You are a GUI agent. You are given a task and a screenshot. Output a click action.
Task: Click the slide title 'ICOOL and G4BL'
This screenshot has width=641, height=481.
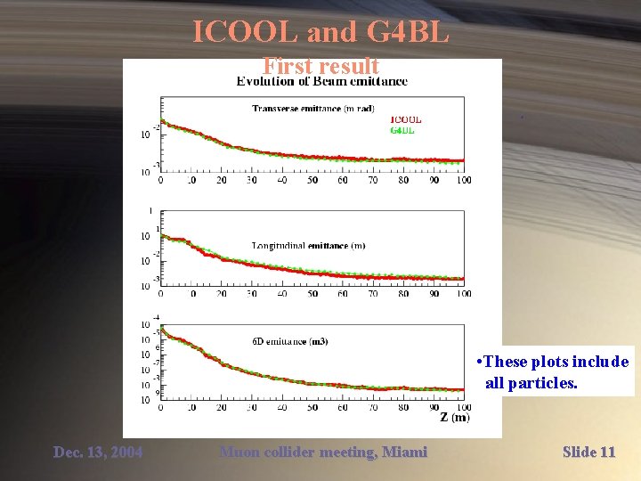coord(320,34)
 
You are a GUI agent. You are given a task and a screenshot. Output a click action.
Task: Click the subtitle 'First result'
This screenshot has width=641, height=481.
coord(320,66)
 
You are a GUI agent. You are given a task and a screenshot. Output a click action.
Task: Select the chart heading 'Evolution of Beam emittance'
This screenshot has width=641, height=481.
coord(321,81)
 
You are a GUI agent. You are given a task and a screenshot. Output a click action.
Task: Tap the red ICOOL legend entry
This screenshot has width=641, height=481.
coord(406,119)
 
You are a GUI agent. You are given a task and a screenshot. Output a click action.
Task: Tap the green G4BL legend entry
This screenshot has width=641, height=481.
coord(402,130)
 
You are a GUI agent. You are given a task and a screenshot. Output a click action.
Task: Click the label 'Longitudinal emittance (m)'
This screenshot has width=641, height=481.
coord(308,245)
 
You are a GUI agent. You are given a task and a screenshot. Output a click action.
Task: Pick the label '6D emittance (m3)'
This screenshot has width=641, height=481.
coord(290,341)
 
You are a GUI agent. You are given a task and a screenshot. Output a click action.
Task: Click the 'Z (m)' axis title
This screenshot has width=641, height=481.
coord(454,417)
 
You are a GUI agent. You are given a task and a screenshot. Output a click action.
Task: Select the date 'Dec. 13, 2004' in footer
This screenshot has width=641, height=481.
coord(98,452)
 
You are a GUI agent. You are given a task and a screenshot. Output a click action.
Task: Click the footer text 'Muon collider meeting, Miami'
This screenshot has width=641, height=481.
coord(323,452)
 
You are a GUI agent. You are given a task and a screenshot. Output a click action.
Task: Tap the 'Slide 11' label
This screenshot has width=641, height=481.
coord(588,452)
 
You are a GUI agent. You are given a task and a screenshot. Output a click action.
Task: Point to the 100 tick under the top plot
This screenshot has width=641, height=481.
coord(462,180)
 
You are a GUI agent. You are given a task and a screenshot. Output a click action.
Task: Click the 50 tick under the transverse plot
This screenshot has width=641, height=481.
coord(312,180)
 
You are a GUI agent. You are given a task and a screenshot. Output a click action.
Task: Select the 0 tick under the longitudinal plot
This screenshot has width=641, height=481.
coord(161,293)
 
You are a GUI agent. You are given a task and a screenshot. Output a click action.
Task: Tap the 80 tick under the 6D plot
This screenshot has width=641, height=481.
coord(403,407)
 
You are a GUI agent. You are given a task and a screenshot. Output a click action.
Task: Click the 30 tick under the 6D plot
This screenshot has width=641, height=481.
coord(252,407)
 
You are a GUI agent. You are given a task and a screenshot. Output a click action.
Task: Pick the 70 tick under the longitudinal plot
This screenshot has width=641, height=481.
coord(373,293)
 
